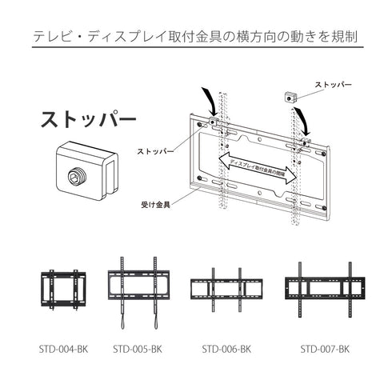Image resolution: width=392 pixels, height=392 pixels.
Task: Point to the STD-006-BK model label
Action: point(226,349)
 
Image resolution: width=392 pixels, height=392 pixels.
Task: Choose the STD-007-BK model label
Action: point(325,349)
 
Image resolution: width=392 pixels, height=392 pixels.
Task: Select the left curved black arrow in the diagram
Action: point(210,99)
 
